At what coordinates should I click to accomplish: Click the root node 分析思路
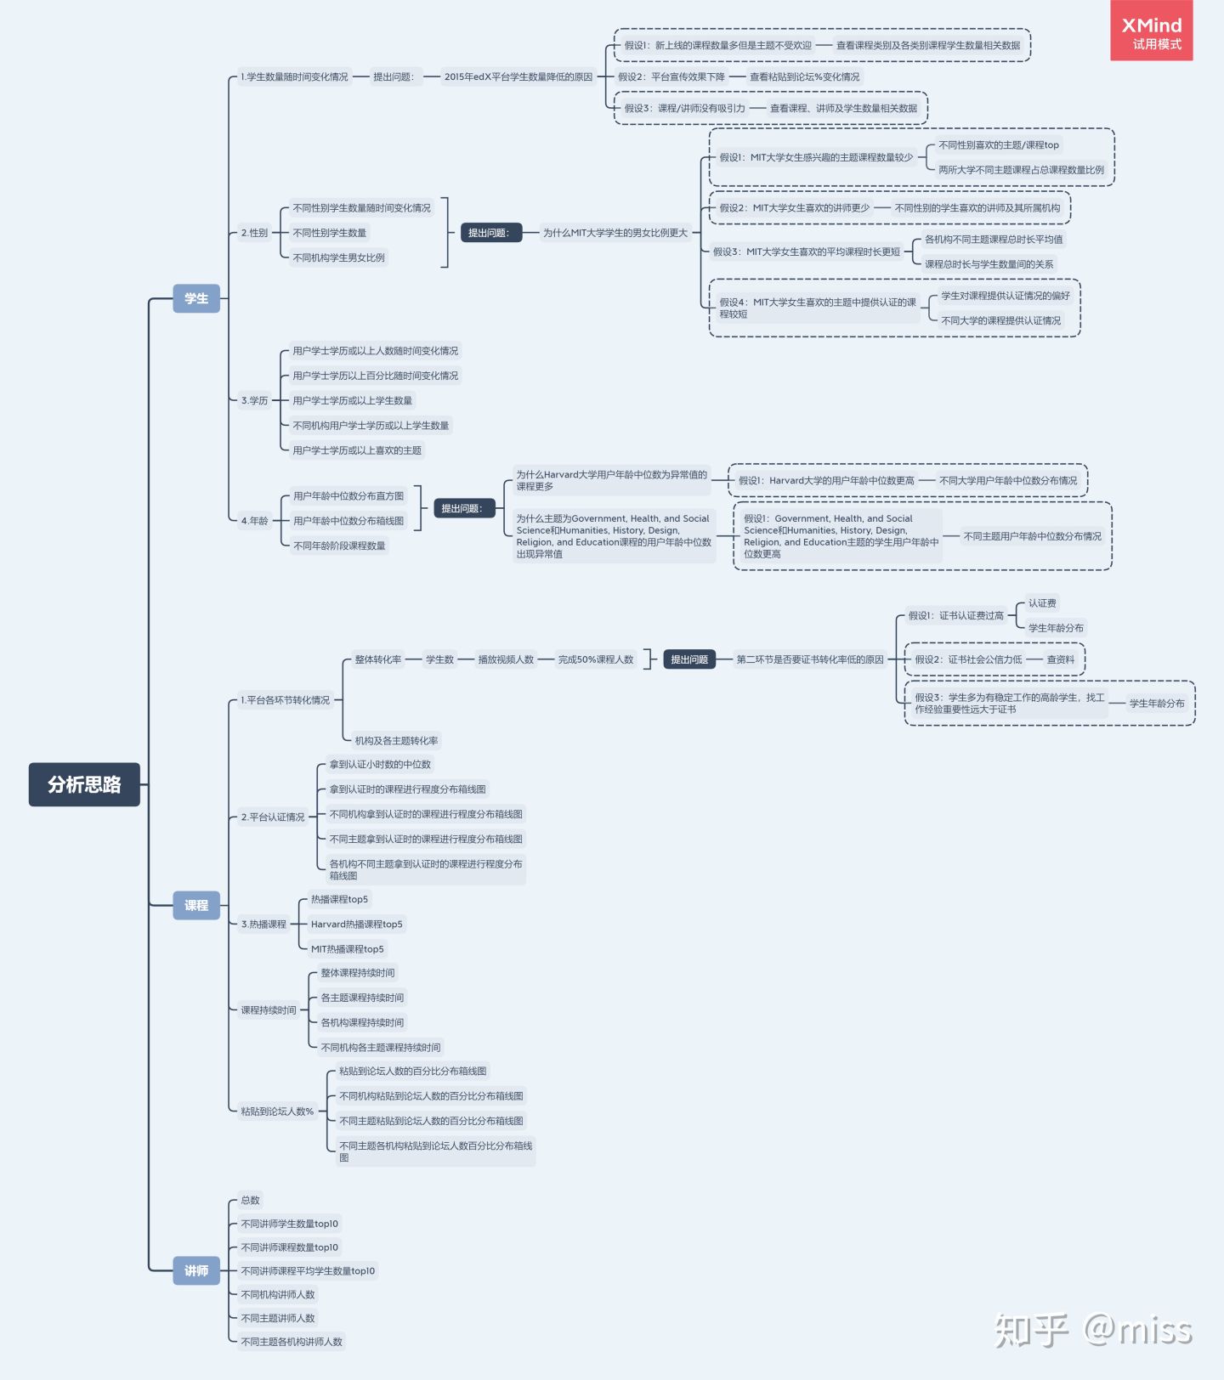point(84,784)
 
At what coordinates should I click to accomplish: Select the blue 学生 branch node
point(196,298)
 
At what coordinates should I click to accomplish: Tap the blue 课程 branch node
point(196,905)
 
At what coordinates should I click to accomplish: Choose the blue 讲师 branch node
point(196,1270)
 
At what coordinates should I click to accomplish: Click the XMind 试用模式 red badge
point(1151,31)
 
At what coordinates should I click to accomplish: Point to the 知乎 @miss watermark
point(1093,1330)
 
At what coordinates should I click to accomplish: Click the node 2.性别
point(254,233)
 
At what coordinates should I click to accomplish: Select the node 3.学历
point(254,400)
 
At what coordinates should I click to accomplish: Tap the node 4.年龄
point(254,521)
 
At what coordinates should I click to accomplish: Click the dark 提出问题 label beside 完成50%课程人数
point(688,659)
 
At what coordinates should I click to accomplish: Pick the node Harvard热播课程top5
point(356,925)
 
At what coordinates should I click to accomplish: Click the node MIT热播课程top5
point(347,949)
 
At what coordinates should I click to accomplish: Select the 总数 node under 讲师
point(250,1200)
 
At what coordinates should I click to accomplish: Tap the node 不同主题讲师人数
point(278,1318)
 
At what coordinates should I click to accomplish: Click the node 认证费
point(1042,603)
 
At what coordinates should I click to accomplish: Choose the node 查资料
point(1060,659)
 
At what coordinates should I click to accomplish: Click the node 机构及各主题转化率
point(396,741)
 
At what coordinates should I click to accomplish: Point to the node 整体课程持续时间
point(357,973)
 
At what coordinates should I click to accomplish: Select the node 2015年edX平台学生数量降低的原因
point(518,77)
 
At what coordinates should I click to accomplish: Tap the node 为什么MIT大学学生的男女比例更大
point(615,233)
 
